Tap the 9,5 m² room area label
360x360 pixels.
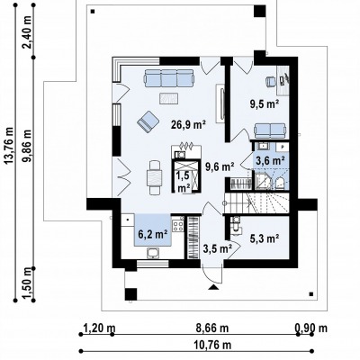point(265,103)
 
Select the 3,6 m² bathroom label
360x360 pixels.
point(270,161)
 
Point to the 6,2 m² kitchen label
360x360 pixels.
point(153,234)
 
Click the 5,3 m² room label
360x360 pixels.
point(265,238)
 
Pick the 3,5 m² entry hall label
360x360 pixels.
point(218,248)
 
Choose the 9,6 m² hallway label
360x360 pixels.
point(220,166)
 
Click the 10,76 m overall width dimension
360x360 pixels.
point(212,345)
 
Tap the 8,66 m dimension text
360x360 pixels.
point(212,328)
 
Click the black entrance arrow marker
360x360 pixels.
point(213,287)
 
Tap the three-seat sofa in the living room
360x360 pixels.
point(169,78)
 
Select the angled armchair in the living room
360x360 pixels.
point(148,121)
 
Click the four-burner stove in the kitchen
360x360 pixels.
point(178,226)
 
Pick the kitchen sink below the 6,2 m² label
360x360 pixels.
point(154,254)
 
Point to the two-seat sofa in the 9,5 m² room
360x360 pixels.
point(270,130)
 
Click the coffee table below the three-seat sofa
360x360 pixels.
point(168,98)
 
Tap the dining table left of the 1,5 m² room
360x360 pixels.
point(154,178)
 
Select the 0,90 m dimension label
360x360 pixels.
point(311,328)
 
